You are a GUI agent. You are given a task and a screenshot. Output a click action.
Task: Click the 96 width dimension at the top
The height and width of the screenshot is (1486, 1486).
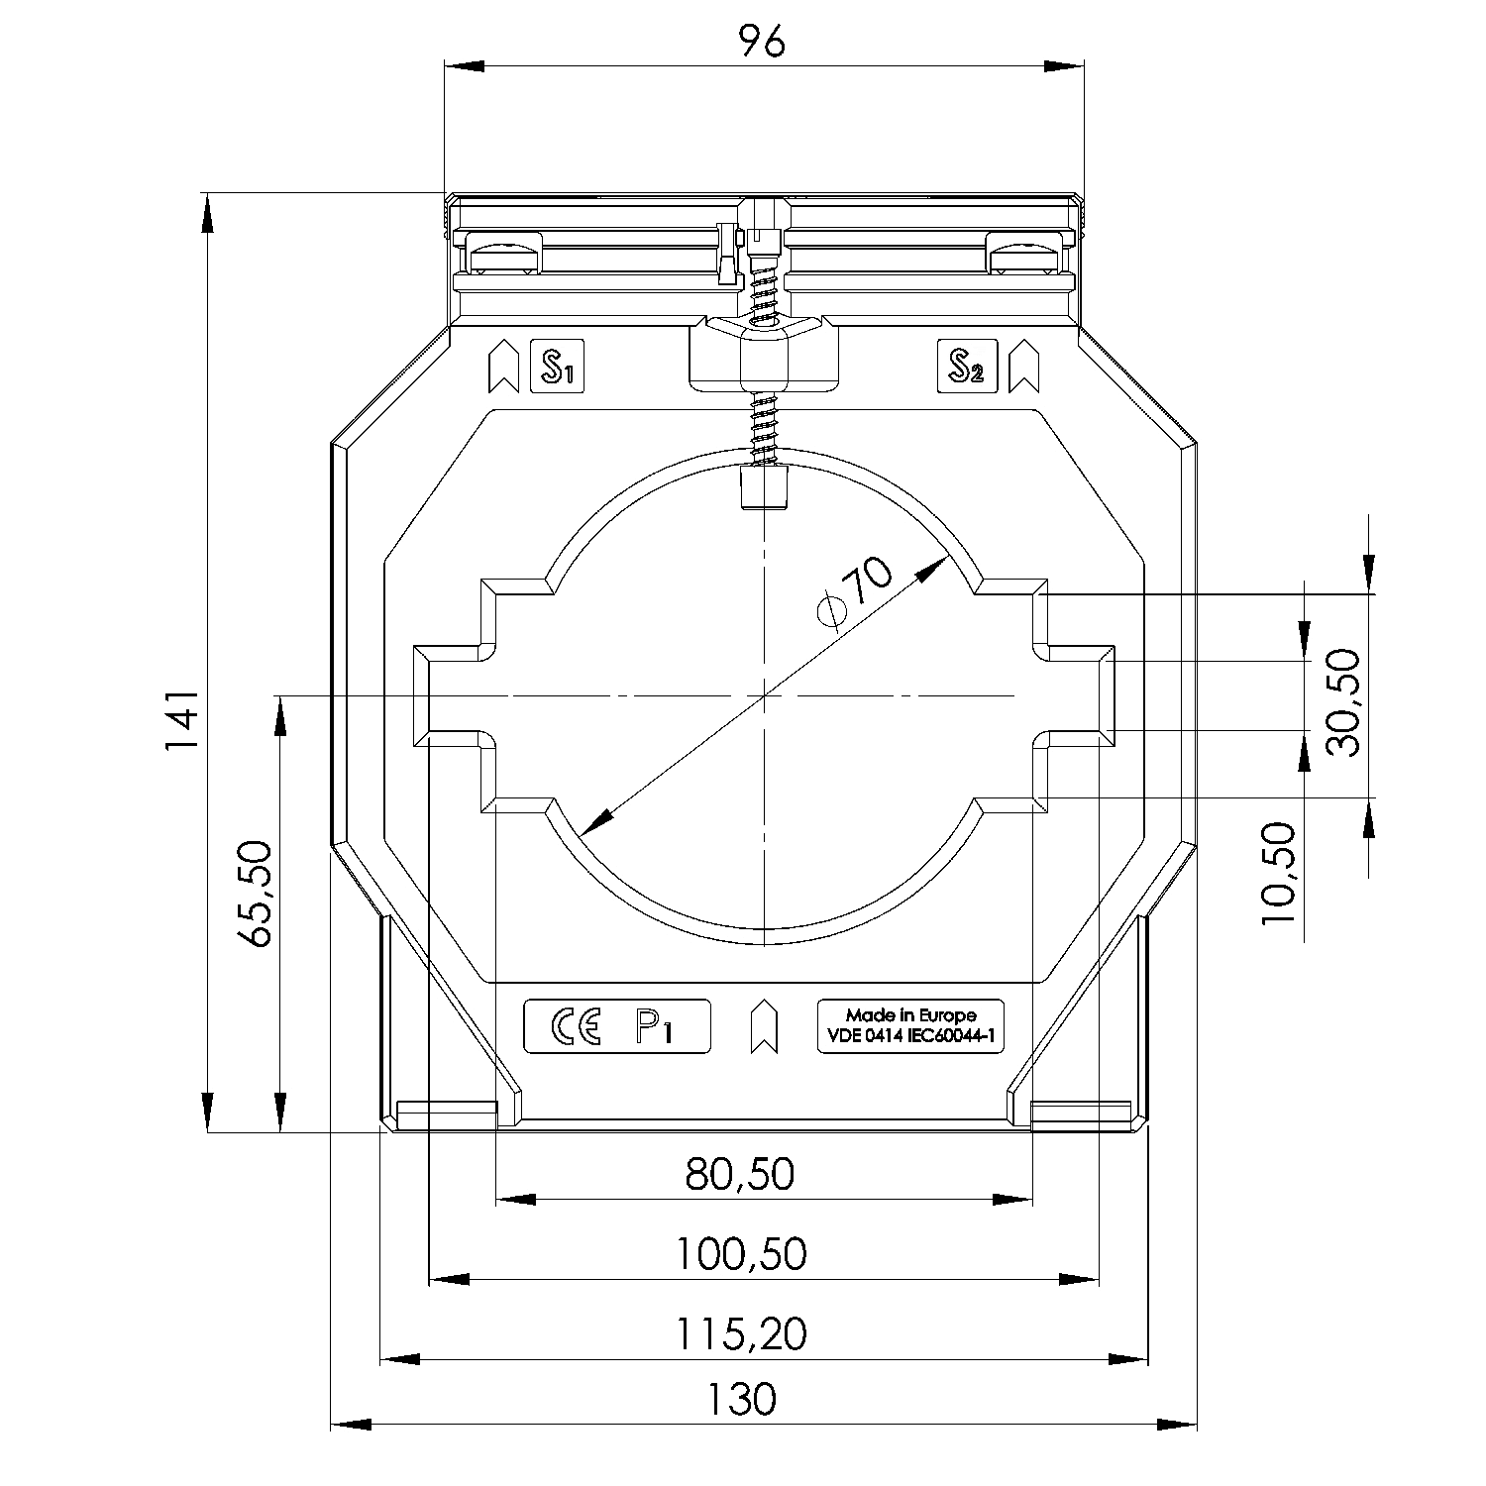pos(763,41)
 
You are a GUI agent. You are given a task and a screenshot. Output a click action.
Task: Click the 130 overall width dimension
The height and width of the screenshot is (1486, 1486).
pos(742,1400)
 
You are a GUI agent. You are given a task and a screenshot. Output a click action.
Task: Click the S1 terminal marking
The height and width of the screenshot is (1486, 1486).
pos(558,367)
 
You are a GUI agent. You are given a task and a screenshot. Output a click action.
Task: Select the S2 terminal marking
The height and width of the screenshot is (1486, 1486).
pos(966,367)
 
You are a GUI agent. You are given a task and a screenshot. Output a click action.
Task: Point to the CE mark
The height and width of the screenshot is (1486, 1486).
pos(576,1026)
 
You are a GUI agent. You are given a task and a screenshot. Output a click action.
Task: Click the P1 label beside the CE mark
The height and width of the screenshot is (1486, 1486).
pos(654,1027)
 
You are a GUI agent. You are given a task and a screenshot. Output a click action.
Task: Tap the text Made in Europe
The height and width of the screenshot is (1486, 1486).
pos(910,1015)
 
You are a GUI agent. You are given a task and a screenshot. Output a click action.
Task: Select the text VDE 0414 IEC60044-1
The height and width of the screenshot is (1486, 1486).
pos(910,1037)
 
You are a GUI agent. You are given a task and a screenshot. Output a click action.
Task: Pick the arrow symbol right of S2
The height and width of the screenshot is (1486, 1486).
pos(1022,368)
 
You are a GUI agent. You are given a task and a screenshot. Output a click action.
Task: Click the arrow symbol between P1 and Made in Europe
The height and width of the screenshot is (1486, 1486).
pos(763,1027)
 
